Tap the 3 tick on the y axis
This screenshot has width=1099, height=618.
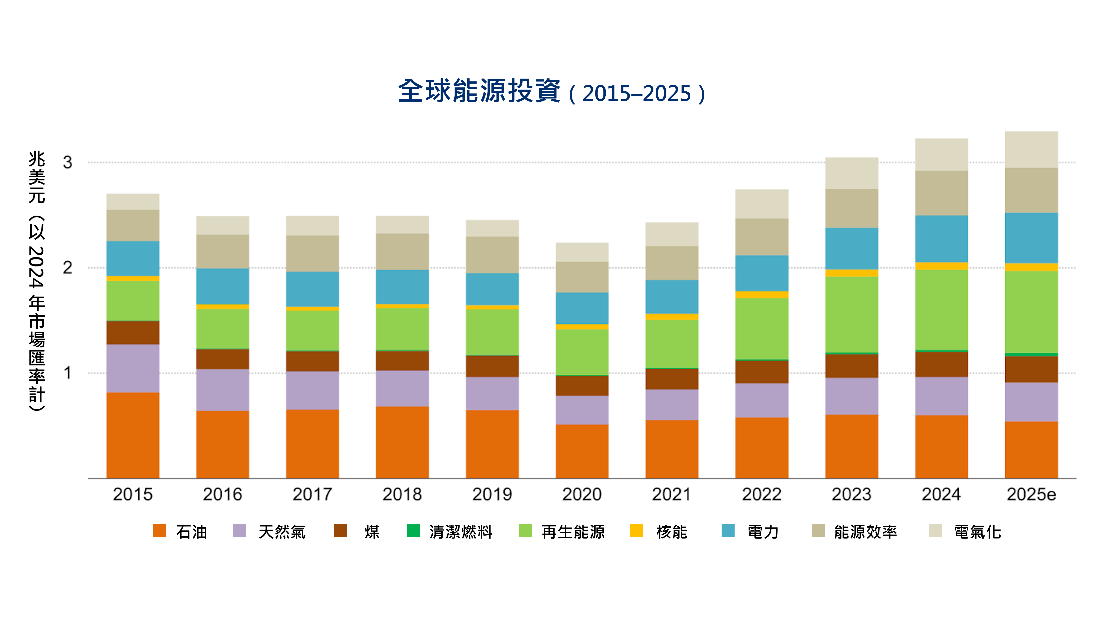67,163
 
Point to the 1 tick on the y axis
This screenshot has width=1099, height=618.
67,373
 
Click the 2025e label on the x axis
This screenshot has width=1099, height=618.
1031,494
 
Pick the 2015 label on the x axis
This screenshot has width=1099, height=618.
133,494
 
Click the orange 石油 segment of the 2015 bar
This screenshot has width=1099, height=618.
133,435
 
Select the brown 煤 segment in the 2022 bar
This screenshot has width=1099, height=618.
762,372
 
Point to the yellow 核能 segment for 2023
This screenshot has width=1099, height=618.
851,273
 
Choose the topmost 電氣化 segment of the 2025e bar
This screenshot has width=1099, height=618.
1031,149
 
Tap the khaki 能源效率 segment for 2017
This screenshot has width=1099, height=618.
312,253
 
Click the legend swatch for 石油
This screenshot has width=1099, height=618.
160,531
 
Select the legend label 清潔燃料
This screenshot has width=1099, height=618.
461,532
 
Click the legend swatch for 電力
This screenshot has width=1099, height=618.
728,531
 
